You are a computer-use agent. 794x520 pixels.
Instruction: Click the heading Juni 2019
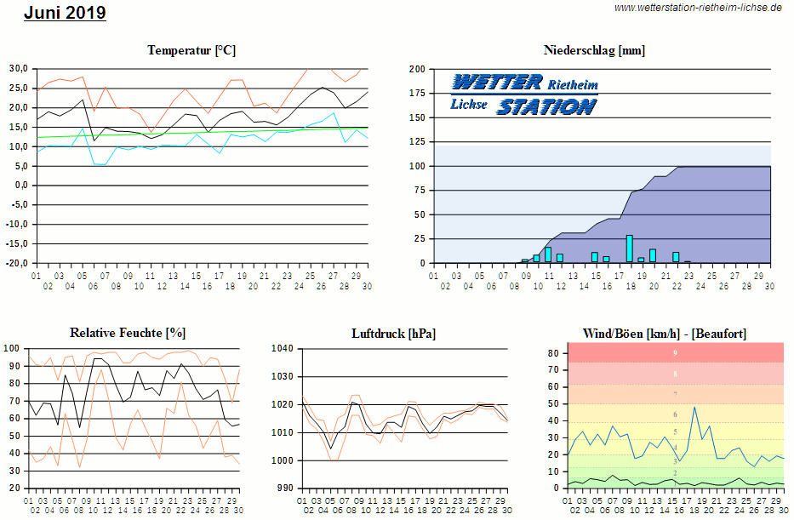(65, 13)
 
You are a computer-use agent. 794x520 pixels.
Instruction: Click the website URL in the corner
(698, 8)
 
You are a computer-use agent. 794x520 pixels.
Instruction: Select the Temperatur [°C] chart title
(191, 51)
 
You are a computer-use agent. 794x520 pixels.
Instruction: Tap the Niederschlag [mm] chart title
(594, 51)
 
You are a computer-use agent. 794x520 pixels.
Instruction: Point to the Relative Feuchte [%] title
(128, 333)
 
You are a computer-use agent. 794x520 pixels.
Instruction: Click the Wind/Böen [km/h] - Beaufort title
(664, 333)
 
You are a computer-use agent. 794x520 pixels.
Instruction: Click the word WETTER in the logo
(497, 83)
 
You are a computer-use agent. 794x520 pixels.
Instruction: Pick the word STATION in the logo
(546, 106)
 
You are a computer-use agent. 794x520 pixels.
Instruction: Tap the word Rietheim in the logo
(573, 85)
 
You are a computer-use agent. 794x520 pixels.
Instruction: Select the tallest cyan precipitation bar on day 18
(630, 249)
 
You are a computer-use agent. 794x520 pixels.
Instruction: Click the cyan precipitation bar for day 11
(548, 254)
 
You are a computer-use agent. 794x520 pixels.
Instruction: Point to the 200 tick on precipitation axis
(417, 69)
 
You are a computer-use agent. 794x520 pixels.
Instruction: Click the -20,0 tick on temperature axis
(17, 263)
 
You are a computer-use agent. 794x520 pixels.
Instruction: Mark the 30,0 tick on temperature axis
(19, 68)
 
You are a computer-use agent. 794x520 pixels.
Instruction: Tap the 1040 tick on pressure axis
(282, 348)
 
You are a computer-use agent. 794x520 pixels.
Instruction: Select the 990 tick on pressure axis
(284, 489)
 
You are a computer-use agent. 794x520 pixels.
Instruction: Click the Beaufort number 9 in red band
(675, 352)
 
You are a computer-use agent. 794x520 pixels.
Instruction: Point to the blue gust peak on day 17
(694, 407)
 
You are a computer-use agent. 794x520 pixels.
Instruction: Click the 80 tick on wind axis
(553, 352)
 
